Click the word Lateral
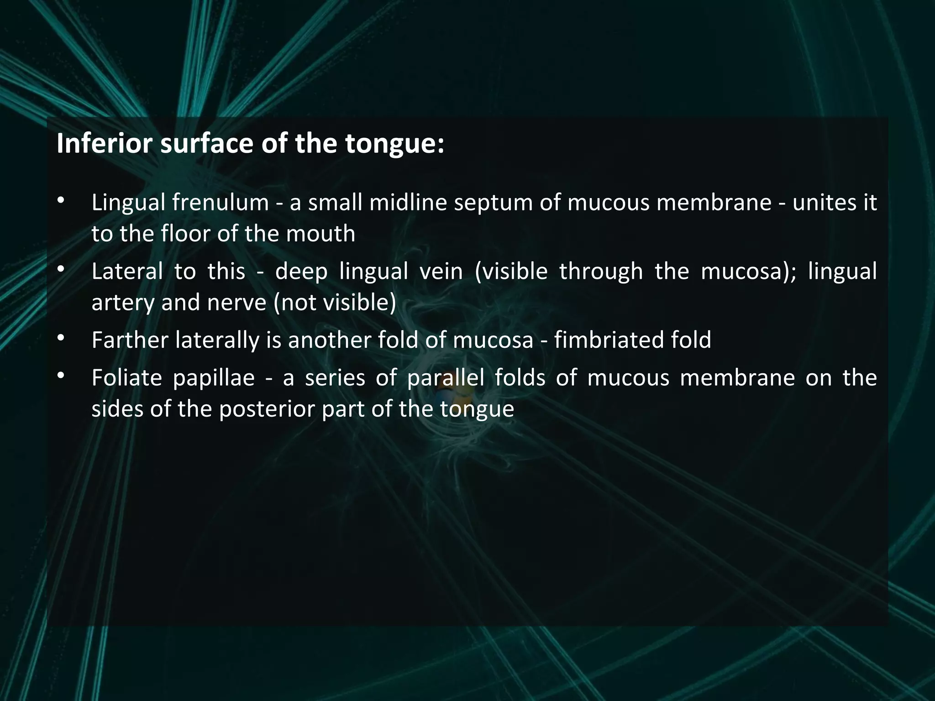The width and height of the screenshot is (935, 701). [127, 271]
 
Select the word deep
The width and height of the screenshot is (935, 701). [301, 272]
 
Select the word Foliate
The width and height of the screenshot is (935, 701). [127, 378]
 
